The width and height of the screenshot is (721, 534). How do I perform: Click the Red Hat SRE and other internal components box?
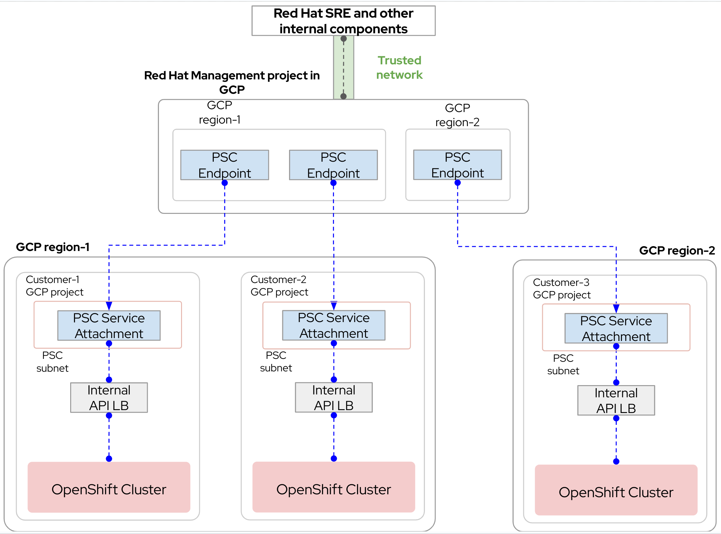[343, 21]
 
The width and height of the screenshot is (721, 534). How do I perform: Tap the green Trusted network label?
[399, 68]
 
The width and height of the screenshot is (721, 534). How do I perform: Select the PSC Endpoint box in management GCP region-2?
[457, 165]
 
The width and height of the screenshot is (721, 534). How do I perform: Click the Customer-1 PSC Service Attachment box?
[109, 326]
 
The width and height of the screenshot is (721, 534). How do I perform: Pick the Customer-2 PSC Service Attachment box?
[334, 325]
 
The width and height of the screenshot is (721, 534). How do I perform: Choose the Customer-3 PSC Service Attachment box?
[616, 328]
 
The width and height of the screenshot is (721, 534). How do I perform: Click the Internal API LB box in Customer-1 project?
[109, 398]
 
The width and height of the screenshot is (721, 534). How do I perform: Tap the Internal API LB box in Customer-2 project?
[334, 397]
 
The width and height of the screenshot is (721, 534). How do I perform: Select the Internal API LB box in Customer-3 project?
[616, 400]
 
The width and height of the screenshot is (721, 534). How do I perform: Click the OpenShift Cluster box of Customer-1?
[109, 487]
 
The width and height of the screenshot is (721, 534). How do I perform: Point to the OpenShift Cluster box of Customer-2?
[334, 487]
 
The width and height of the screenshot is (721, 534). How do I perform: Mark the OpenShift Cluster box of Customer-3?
[616, 490]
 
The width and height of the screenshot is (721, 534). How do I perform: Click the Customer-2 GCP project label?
[279, 286]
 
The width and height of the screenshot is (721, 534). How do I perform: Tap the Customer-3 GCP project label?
[561, 289]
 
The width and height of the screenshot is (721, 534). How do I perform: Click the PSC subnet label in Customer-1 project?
[52, 362]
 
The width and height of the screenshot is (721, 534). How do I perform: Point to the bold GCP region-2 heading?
[677, 251]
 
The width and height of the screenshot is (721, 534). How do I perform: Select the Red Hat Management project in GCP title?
[232, 82]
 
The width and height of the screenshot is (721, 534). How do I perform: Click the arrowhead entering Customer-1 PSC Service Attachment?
[109, 306]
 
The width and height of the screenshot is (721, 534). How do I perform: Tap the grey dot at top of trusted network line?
[344, 39]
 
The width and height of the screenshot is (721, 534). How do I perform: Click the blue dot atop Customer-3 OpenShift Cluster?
[616, 462]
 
